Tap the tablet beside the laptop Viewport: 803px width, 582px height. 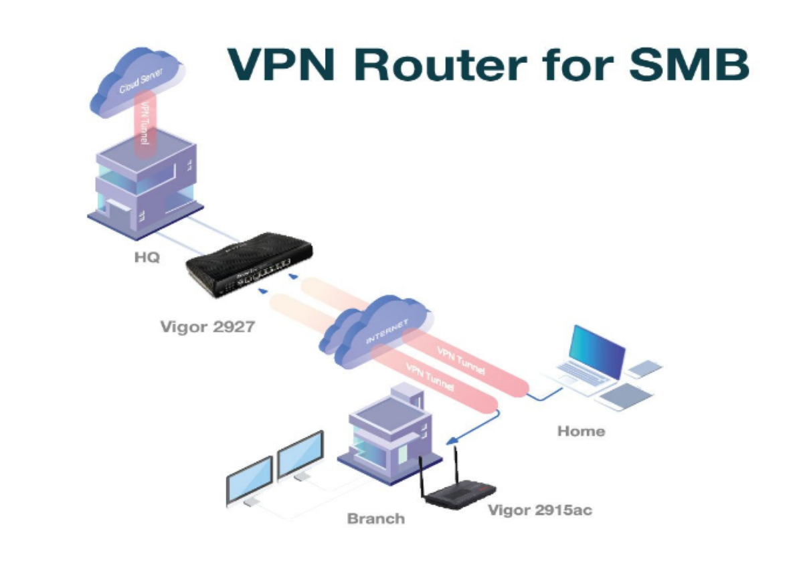tap(626, 396)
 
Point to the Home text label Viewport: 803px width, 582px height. tap(581, 431)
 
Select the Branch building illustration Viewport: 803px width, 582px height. tap(388, 428)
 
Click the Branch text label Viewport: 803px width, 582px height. tap(376, 518)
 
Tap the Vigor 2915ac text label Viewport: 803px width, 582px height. tap(539, 510)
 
